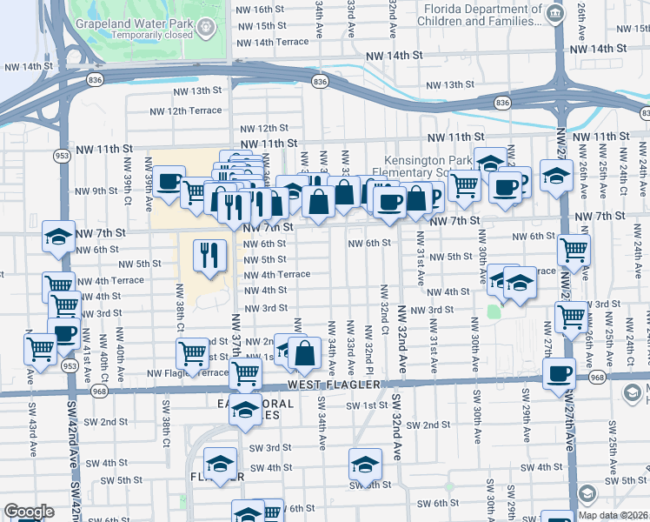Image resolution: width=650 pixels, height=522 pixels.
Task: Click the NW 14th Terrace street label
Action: click(269, 42)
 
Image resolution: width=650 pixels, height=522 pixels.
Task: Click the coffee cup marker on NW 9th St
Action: click(169, 184)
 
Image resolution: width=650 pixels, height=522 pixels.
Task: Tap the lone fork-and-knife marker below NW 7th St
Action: click(207, 253)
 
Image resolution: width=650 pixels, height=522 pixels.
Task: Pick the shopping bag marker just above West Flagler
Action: click(305, 353)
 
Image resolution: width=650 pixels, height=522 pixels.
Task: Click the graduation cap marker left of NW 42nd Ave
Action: click(58, 238)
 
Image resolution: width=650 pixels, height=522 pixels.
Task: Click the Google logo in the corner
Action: click(29, 512)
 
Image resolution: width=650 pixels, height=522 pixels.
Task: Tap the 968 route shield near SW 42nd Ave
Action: click(98, 392)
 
